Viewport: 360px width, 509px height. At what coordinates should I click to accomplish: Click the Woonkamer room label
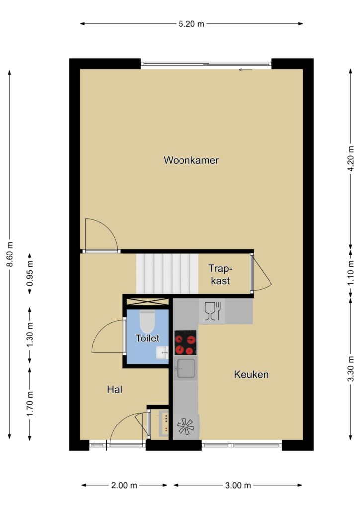[191, 160]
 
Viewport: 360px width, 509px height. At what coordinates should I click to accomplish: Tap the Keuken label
[251, 374]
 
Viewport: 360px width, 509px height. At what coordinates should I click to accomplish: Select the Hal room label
[114, 389]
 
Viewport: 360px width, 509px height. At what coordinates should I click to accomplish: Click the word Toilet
[147, 338]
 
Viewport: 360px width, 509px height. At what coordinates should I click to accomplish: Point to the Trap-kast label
[220, 274]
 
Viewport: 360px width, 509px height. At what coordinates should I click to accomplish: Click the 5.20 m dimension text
[191, 24]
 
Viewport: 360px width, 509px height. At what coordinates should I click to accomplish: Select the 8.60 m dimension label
[10, 254]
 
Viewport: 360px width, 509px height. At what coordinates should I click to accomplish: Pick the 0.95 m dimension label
[30, 273]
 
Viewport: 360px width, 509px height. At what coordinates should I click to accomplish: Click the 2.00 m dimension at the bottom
[124, 485]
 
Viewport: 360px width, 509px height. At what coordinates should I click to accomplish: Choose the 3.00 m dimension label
[238, 485]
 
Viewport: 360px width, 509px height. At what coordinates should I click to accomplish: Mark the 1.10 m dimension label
[351, 273]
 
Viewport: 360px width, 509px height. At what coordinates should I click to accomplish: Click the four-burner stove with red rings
[185, 342]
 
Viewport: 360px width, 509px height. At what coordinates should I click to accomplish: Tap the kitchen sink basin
[185, 368]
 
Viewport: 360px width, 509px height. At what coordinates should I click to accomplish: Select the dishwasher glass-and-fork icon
[212, 311]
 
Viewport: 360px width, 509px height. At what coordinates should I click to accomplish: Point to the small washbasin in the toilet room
[162, 352]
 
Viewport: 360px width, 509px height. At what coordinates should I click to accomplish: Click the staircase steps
[167, 273]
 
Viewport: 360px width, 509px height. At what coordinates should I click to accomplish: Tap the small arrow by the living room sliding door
[245, 70]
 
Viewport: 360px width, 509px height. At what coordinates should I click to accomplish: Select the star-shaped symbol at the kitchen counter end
[185, 426]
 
